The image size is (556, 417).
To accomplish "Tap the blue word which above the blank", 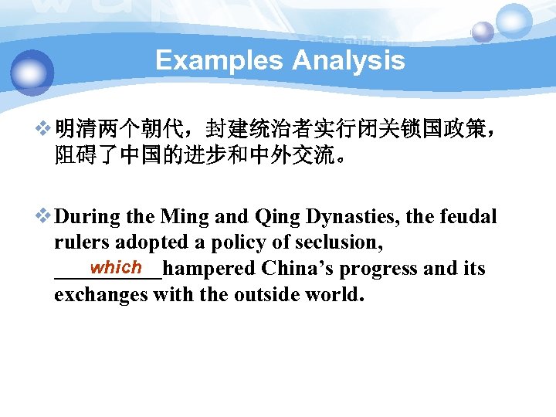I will point(115,267).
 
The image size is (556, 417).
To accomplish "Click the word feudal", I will point(467,217).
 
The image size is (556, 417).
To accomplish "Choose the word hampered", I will point(209,269).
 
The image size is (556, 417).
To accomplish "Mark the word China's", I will point(298,269).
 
